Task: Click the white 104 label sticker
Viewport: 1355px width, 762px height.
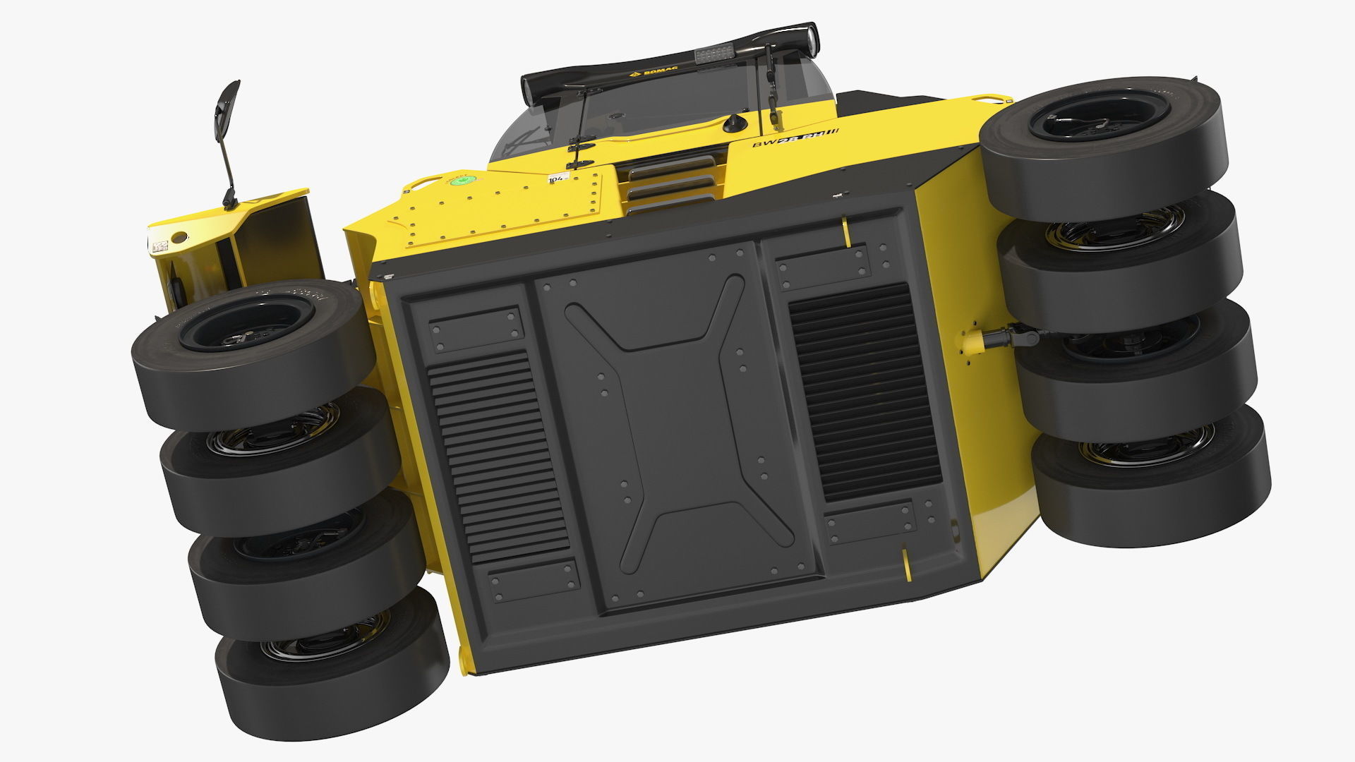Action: point(558,179)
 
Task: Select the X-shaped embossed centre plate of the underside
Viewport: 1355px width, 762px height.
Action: point(677,423)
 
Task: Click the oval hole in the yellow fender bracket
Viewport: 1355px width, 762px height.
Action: point(180,237)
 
